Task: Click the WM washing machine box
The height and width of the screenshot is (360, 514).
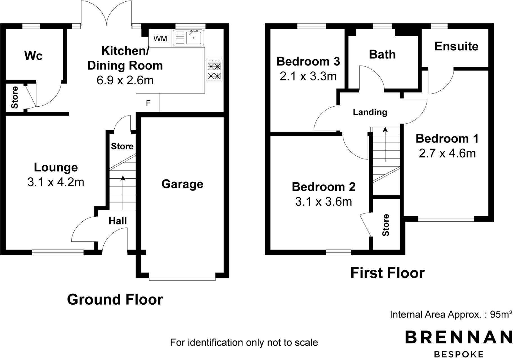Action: [160, 39]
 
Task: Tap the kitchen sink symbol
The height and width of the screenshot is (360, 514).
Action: [188, 38]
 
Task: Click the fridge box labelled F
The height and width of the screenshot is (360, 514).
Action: [148, 103]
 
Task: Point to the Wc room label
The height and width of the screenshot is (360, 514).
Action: [33, 56]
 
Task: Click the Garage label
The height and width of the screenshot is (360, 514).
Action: [182, 184]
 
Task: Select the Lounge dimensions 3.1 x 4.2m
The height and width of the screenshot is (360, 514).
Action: [56, 182]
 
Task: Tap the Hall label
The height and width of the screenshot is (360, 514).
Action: [118, 221]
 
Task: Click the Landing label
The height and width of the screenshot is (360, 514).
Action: [370, 112]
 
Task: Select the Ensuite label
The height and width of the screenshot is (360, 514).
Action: [456, 46]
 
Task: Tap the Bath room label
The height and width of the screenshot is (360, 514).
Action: [382, 55]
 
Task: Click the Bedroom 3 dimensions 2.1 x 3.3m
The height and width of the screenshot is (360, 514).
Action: [308, 76]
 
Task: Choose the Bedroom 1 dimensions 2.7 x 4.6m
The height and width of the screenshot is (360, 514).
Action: [447, 154]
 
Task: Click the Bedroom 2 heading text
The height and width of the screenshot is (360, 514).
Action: [323, 187]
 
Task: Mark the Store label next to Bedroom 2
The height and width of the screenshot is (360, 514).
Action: [386, 225]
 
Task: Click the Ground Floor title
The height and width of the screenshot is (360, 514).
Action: [115, 300]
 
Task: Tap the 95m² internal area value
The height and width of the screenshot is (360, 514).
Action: [501, 314]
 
